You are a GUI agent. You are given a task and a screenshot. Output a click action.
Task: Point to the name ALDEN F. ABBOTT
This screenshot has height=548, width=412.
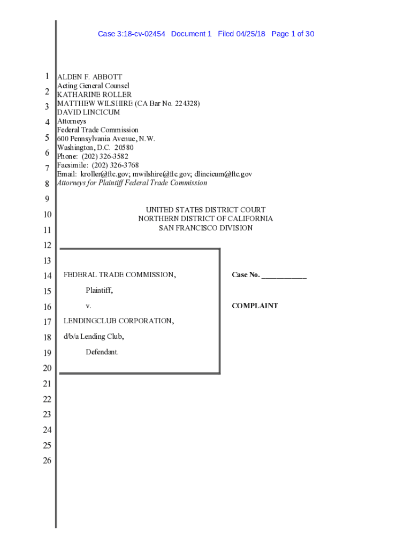point(89,77)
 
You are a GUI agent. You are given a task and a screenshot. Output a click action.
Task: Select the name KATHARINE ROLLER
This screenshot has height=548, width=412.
point(94,95)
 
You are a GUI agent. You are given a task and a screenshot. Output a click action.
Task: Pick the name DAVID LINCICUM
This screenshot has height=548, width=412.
point(88,112)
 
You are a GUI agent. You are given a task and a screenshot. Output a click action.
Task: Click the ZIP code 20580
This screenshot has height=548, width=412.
point(123,148)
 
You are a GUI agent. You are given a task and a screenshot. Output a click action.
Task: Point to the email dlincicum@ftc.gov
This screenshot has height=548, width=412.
point(223,174)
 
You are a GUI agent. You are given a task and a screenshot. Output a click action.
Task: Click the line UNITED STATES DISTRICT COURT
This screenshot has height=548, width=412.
point(205,210)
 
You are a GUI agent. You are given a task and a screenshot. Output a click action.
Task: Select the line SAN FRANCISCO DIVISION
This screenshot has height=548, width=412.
point(205,228)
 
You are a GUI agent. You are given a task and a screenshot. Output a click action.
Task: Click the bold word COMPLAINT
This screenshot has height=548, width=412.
point(255,306)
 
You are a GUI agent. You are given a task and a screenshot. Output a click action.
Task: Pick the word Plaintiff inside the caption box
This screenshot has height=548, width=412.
point(99,291)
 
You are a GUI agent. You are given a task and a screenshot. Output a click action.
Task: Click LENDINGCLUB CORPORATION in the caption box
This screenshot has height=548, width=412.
point(118,321)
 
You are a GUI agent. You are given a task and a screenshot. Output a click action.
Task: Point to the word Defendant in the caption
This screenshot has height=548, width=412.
point(102,352)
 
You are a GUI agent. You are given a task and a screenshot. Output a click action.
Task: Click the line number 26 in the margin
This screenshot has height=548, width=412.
point(47,461)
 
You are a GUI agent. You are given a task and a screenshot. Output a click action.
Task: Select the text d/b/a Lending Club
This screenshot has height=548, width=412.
point(94,337)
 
